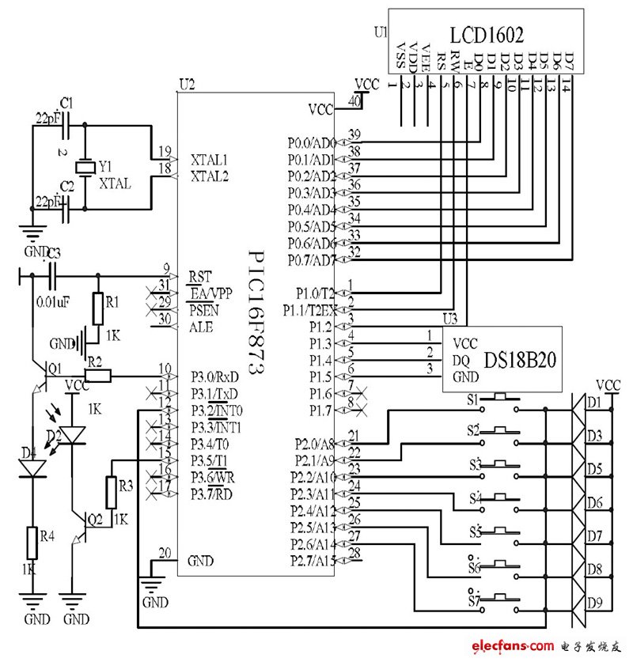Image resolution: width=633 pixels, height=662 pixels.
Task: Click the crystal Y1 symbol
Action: click(x=84, y=168)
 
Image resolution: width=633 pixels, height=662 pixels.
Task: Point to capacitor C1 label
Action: click(x=66, y=103)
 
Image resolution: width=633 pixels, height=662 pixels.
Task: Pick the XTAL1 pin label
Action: click(x=209, y=158)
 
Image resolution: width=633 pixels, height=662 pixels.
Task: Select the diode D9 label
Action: click(x=595, y=603)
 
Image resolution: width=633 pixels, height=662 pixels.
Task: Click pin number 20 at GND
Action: click(x=164, y=553)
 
